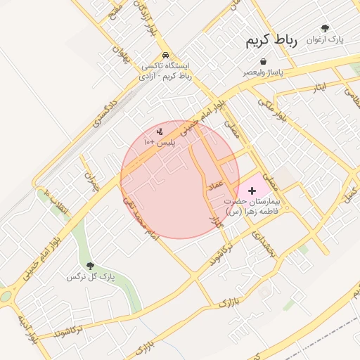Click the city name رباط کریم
point(271,41)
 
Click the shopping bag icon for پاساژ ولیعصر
point(263,61)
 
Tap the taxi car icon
point(165,55)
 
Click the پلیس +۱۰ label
point(159,142)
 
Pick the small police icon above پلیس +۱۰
point(160,131)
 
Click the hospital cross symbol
point(252,191)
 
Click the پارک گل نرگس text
point(90,277)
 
